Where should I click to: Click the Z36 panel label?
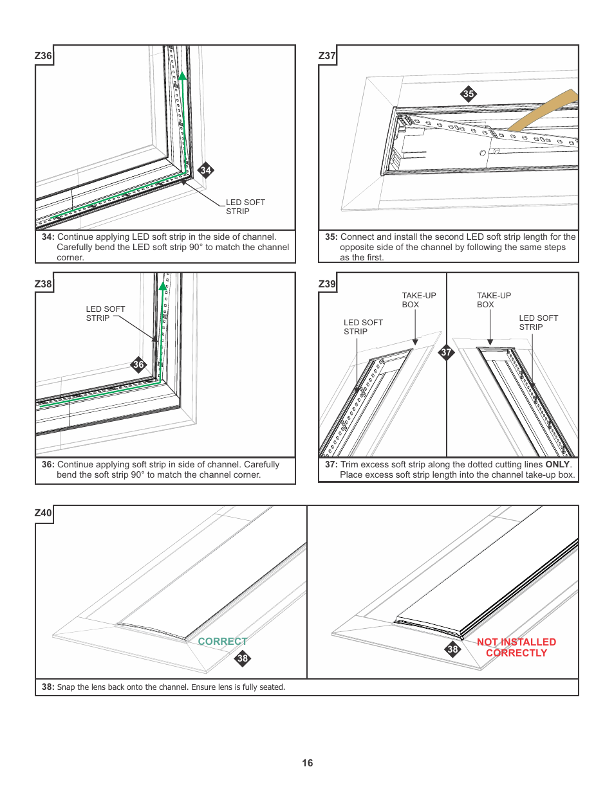pyautogui.click(x=43, y=55)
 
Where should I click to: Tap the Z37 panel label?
pyautogui.click(x=327, y=55)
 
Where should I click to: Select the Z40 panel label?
pyautogui.click(x=43, y=512)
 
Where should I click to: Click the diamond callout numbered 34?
pyautogui.click(x=205, y=170)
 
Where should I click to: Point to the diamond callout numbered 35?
pyautogui.click(x=469, y=94)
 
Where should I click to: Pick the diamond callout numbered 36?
pyautogui.click(x=138, y=365)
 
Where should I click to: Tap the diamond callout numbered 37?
pyautogui.click(x=446, y=352)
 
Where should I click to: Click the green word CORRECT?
pyautogui.click(x=222, y=642)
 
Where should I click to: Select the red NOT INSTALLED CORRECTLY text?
pyautogui.click(x=516, y=647)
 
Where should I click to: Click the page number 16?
pyautogui.click(x=308, y=763)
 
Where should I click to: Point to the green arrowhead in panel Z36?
pyautogui.click(x=182, y=76)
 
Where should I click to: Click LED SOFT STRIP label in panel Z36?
pyautogui.click(x=245, y=206)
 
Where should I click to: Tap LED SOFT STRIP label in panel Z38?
pyautogui.click(x=105, y=313)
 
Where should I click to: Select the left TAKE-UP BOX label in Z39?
pyautogui.click(x=418, y=300)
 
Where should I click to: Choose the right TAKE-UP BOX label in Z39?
pyautogui.click(x=493, y=300)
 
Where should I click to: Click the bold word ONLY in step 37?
pyautogui.click(x=557, y=464)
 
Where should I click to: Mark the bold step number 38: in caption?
pyautogui.click(x=48, y=687)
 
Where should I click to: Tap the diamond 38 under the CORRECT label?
pyautogui.click(x=242, y=658)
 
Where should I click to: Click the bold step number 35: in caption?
pyautogui.click(x=331, y=237)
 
